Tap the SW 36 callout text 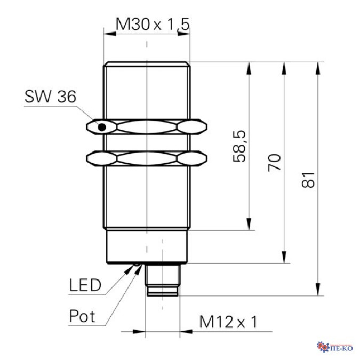50,97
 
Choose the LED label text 85,285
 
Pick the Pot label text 82,316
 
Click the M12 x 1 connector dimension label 228,322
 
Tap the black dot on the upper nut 100,127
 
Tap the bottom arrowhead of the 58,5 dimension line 249,225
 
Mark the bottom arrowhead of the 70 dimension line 284,258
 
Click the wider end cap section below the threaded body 147,246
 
